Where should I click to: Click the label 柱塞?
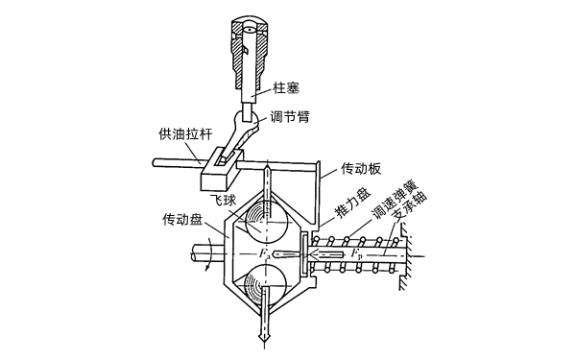[286, 88]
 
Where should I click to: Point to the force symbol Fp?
[356, 254]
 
